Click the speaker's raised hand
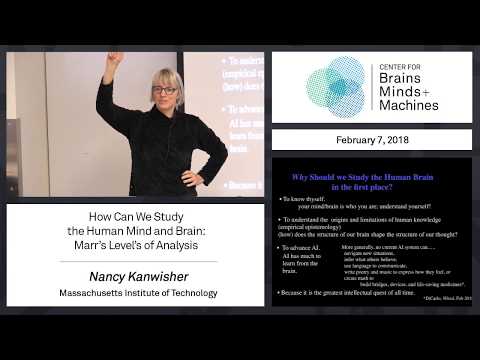pyautogui.click(x=117, y=59)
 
